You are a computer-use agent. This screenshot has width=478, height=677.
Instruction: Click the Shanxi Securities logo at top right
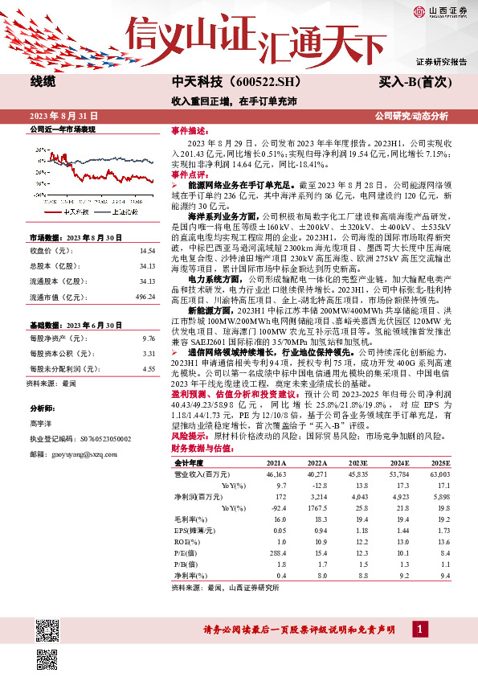click(439, 11)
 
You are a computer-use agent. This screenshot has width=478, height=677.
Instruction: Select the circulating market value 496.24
click(145, 296)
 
